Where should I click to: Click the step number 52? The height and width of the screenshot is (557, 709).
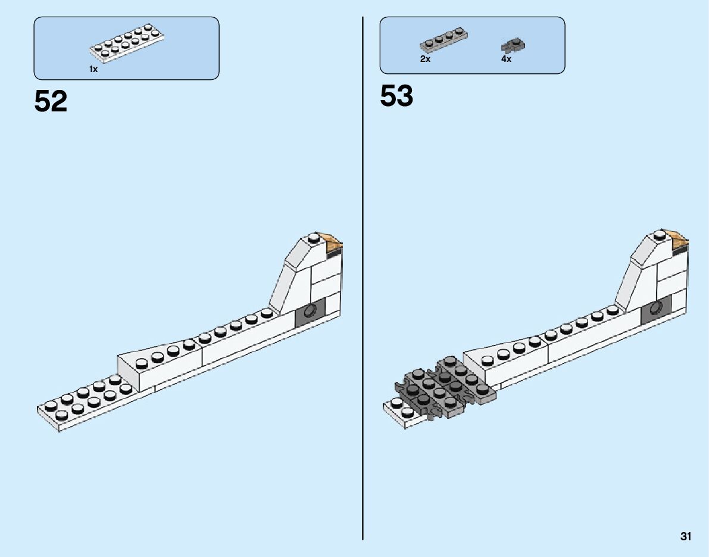point(51,101)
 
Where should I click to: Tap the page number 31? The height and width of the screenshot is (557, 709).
point(686,536)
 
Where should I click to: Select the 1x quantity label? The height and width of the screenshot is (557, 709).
point(93,70)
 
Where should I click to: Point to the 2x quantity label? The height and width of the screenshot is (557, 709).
point(425,59)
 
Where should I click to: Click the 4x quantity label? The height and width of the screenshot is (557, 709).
point(506,59)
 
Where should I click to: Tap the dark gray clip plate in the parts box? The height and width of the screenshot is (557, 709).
point(513,45)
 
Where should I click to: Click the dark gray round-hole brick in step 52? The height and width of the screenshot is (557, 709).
point(310,312)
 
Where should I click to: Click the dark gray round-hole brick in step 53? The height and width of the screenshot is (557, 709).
point(656,309)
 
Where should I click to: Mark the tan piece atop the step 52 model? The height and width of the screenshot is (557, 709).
point(332,241)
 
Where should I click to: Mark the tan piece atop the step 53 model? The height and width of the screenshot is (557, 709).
point(679,238)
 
